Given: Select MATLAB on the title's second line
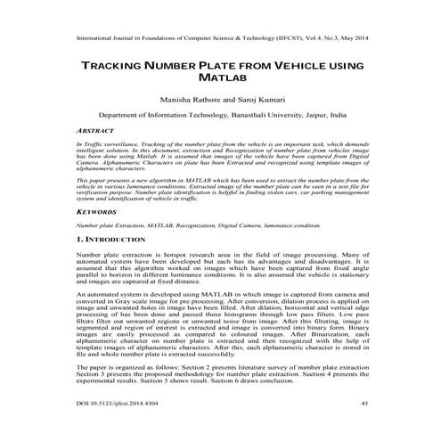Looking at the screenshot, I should [219, 81].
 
